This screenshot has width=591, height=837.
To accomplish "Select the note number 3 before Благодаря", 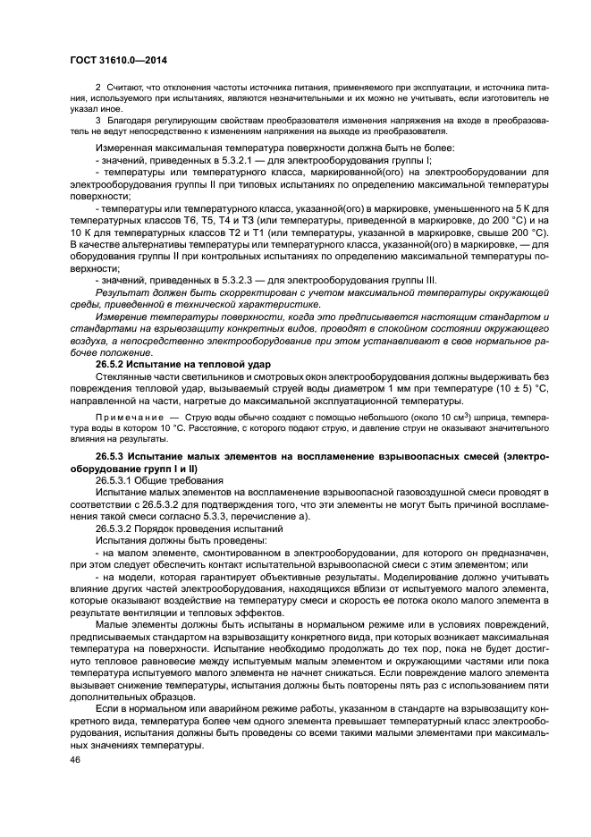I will tap(98, 119).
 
